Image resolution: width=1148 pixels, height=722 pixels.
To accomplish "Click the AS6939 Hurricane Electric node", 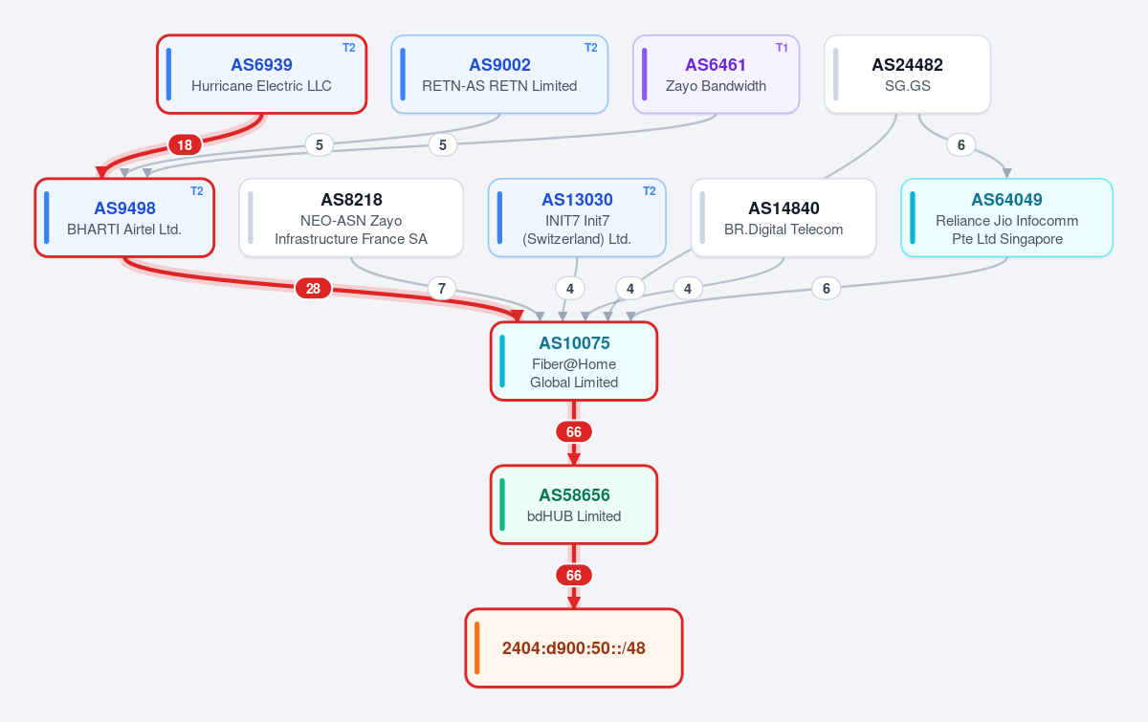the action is (x=261, y=75).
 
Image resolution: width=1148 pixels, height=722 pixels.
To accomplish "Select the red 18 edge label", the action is (x=185, y=145).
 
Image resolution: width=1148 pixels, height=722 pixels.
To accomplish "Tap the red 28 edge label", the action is (x=313, y=289).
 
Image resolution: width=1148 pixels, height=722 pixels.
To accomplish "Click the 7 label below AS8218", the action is (x=442, y=289).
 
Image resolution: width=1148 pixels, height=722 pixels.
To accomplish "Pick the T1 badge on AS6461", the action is (x=782, y=48).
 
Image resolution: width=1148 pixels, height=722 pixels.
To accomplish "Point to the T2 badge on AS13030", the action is (x=649, y=191).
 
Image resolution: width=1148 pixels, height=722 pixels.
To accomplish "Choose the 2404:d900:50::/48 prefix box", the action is (x=574, y=648).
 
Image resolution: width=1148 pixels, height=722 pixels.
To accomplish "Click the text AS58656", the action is (x=574, y=495).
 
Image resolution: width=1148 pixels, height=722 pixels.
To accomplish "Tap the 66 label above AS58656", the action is (x=574, y=432).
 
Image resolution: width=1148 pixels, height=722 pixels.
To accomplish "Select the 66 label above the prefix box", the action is (x=574, y=576).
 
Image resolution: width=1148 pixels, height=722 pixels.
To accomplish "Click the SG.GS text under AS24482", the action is (x=907, y=85).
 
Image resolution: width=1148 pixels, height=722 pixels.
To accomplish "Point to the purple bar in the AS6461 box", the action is (x=644, y=75).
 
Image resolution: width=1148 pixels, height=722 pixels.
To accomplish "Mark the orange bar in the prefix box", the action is (x=477, y=647).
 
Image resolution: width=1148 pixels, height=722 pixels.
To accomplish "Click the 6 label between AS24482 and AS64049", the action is (x=960, y=145).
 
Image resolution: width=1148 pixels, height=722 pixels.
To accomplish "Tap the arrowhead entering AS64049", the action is (x=1007, y=173).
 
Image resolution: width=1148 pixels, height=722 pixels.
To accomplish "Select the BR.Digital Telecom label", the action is (x=784, y=230).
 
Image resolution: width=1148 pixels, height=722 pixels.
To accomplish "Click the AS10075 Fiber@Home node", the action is (x=574, y=361).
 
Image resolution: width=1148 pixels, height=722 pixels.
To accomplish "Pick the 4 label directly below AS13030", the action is (x=570, y=289).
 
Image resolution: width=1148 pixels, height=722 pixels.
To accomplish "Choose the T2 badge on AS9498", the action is (x=197, y=191).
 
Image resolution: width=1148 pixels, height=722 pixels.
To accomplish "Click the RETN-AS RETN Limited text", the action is (x=499, y=85).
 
